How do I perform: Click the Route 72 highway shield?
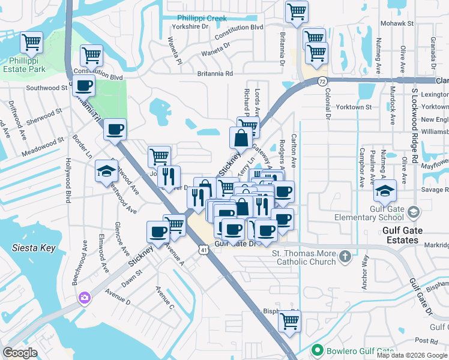click(323, 80)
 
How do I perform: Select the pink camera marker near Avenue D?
click(85, 297)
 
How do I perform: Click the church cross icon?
click(345, 257)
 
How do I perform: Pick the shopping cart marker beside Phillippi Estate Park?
click(31, 42)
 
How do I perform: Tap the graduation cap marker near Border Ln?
click(106, 172)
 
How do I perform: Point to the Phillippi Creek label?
click(202, 18)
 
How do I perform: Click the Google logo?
click(20, 353)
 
